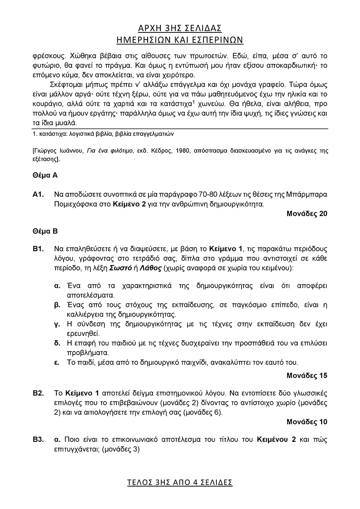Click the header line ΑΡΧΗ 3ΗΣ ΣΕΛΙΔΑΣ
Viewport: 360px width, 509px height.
coord(180,28)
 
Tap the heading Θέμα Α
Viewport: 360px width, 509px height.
coord(45,175)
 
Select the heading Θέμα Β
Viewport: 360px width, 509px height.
coord(45,231)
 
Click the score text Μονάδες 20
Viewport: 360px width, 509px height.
coord(307,214)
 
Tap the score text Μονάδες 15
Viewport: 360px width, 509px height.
coord(307,375)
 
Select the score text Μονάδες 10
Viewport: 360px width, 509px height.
coord(307,422)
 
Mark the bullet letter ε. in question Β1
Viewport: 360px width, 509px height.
coord(57,363)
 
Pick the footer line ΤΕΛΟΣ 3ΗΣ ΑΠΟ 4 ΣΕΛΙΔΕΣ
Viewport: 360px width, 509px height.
coord(180,482)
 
